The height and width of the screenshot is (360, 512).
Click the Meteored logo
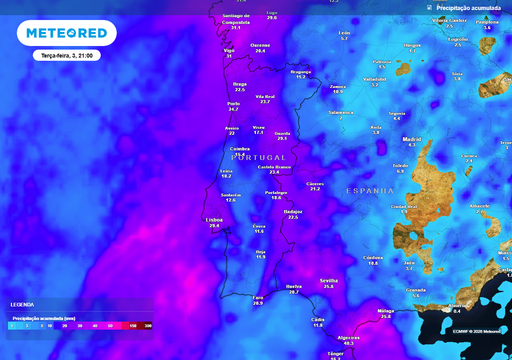click(66, 33)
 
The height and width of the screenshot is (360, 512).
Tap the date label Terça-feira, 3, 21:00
click(67, 55)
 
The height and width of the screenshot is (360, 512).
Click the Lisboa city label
click(214, 220)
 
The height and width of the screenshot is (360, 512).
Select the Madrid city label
click(411, 139)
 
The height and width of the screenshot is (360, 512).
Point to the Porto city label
click(233, 103)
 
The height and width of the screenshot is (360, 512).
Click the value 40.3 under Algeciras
click(348, 343)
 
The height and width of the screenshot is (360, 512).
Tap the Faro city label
click(258, 297)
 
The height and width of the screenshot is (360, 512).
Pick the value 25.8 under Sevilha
click(328, 286)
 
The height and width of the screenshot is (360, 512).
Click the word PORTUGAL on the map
click(258, 157)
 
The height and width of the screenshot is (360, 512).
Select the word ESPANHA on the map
click(370, 191)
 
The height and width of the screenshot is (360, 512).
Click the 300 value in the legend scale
click(147, 326)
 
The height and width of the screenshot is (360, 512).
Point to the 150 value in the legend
click(132, 326)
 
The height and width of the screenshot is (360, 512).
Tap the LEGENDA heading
click(22, 304)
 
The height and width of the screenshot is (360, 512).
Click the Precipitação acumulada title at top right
click(468, 8)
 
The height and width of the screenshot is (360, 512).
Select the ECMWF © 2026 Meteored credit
click(476, 331)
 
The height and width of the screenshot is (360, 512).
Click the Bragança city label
click(300, 71)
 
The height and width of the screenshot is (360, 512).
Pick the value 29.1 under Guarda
click(282, 139)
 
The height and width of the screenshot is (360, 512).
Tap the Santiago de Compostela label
click(235, 19)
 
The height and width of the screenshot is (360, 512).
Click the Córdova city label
click(372, 257)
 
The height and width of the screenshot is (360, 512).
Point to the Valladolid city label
click(374, 79)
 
